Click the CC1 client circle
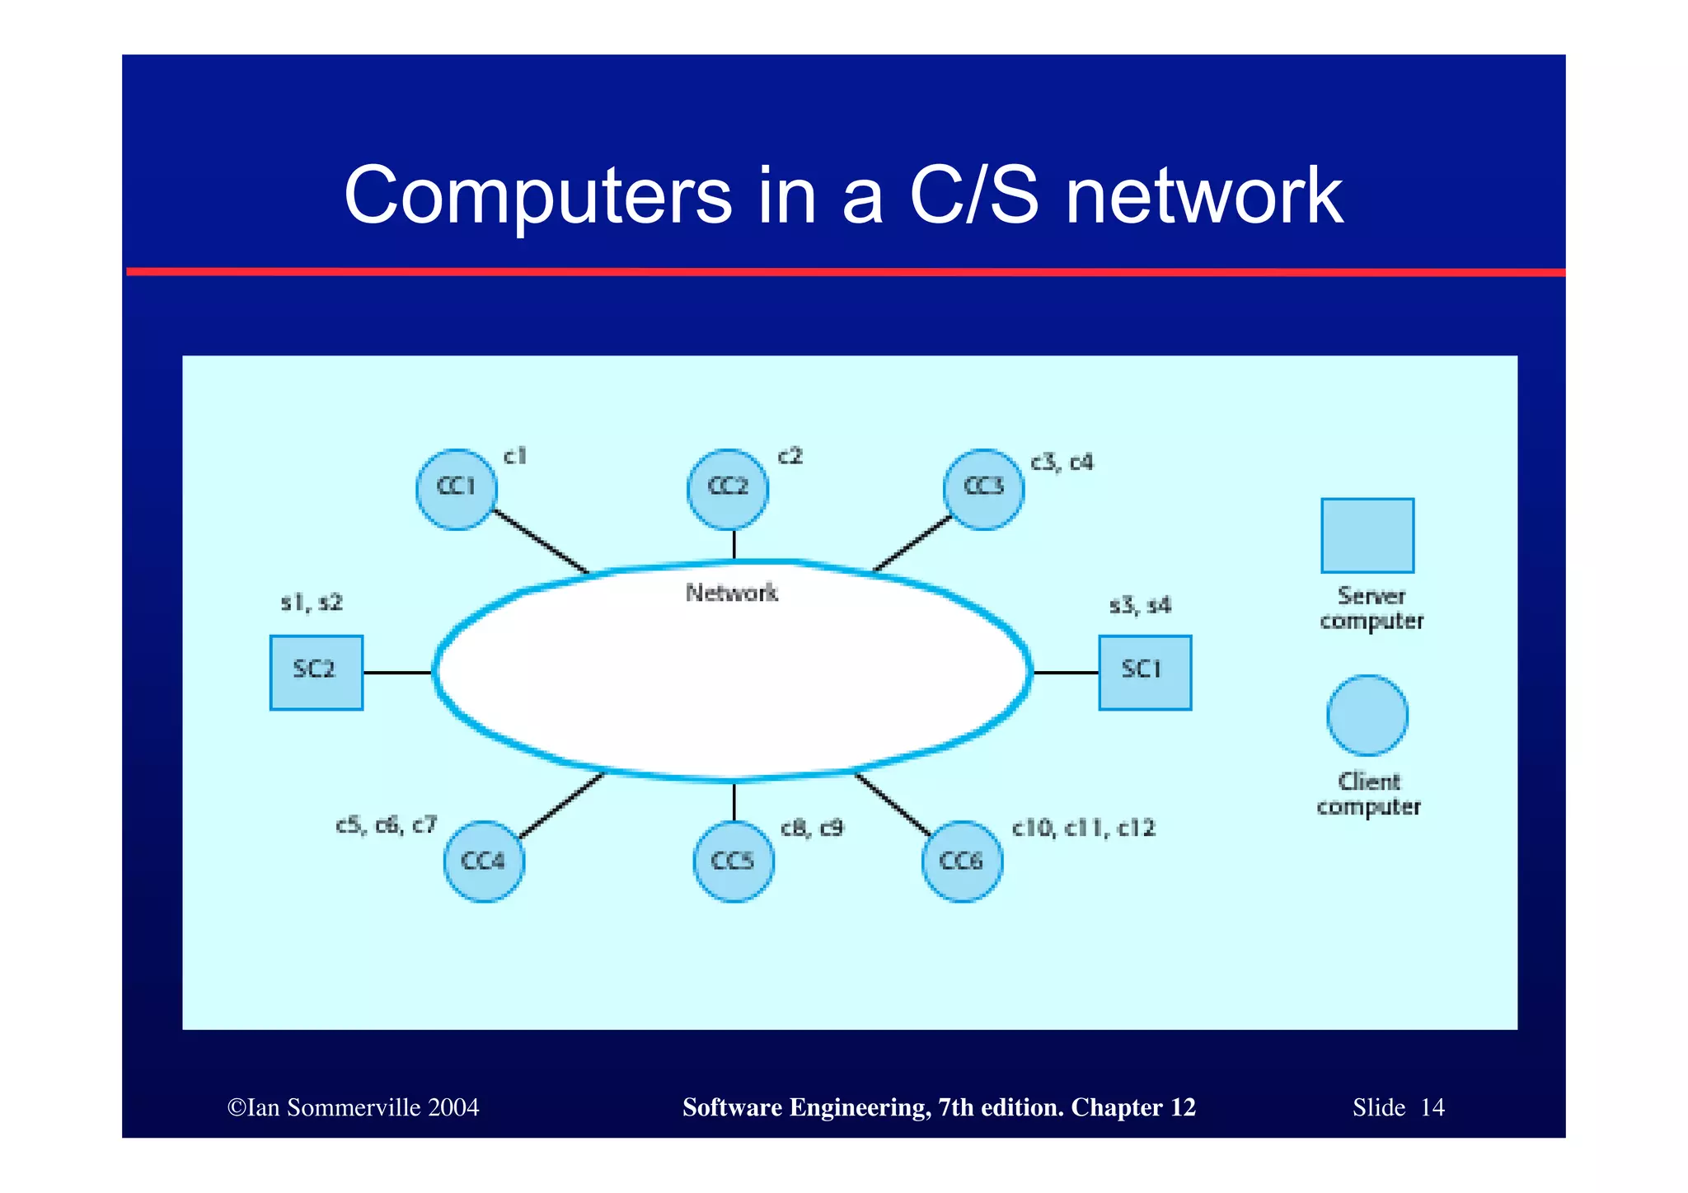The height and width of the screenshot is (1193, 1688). click(x=457, y=489)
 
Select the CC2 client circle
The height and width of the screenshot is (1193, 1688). click(x=728, y=489)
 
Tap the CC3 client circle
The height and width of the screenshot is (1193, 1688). click(x=984, y=489)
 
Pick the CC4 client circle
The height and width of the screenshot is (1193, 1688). click(x=484, y=862)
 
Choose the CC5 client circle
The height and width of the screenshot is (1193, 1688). click(x=734, y=862)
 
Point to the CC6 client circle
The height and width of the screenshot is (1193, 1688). click(x=962, y=862)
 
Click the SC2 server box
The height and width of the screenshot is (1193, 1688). click(x=316, y=672)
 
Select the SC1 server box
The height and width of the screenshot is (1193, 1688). click(x=1145, y=672)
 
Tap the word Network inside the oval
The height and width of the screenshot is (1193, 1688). click(x=732, y=593)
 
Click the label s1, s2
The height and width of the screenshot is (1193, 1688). click(x=312, y=603)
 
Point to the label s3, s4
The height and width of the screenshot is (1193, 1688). click(x=1140, y=606)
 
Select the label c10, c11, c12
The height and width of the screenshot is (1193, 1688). click(x=1084, y=828)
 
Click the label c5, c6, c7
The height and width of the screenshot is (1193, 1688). click(x=386, y=825)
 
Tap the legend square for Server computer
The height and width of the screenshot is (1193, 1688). click(x=1367, y=535)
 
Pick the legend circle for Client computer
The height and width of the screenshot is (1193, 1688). click(x=1367, y=715)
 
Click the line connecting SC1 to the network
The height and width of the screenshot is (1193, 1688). click(x=1065, y=673)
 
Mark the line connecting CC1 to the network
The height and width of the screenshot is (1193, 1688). click(x=541, y=541)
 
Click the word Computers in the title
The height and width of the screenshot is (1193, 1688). click(x=537, y=196)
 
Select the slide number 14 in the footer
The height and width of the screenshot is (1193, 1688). click(x=1432, y=1107)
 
